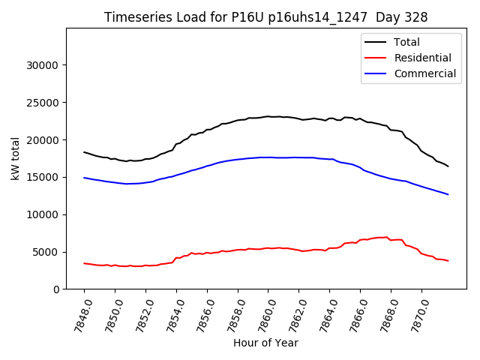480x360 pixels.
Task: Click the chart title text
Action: pyautogui.click(x=265, y=17)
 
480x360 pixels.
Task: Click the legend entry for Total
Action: pyautogui.click(x=406, y=42)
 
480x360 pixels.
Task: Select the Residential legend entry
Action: pyautogui.click(x=422, y=58)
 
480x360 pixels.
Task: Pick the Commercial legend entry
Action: pyautogui.click(x=424, y=73)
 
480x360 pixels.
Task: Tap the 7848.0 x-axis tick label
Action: pyautogui.click(x=80, y=313)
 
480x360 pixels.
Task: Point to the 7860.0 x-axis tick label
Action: pyautogui.click(x=264, y=313)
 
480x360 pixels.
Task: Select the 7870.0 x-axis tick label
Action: pyautogui.click(x=417, y=313)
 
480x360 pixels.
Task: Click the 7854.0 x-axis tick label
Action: pyautogui.click(x=172, y=313)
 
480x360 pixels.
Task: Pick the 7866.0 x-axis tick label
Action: pyautogui.click(x=355, y=313)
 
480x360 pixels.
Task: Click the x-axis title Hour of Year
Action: pyautogui.click(x=265, y=343)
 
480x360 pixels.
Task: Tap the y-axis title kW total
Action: pyautogui.click(x=14, y=157)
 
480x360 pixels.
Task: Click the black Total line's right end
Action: pyautogui.click(x=448, y=166)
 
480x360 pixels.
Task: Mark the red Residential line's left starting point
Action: pyautogui.click(x=84, y=263)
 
